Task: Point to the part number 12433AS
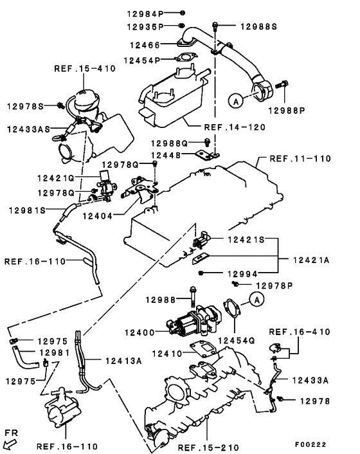(x=29, y=129)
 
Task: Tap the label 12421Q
(x=55, y=177)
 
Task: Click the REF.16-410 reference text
(x=299, y=332)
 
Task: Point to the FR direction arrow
(x=10, y=442)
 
